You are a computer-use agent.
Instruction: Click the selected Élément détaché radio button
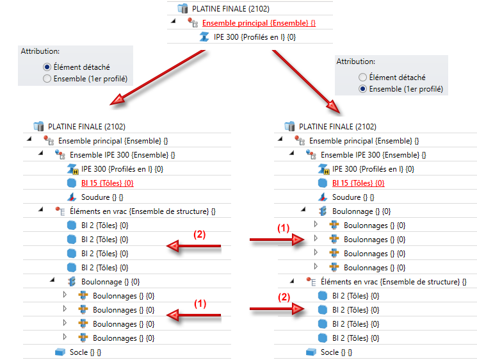[47, 67]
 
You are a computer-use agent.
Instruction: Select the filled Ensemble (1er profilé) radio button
[363, 89]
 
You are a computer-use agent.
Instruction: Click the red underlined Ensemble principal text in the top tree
[259, 23]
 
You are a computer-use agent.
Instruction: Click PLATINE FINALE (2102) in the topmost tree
[230, 9]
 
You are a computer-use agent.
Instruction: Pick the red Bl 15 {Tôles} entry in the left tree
[107, 183]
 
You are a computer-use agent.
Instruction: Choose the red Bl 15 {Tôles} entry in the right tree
[358, 183]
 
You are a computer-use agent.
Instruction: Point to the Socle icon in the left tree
[60, 352]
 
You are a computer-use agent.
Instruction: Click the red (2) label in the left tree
[200, 234]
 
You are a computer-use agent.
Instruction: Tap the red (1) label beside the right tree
[283, 228]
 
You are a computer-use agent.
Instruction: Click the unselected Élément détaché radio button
[363, 77]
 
